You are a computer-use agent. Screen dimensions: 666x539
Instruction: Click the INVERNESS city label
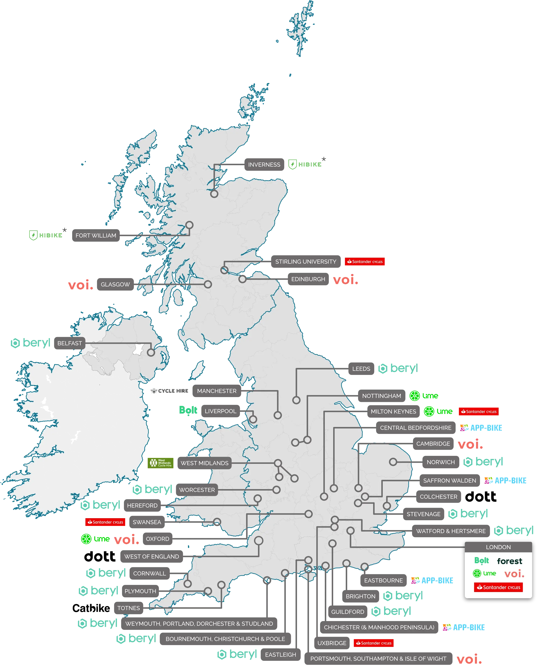[x=264, y=165]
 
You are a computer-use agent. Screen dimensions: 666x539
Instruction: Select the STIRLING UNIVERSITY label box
[x=306, y=262]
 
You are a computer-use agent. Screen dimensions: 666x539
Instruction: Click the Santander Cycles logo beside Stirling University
[x=365, y=262]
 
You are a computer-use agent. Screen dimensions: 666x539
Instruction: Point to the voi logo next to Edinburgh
[x=345, y=279]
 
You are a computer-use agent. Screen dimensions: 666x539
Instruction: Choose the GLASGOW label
[x=115, y=284]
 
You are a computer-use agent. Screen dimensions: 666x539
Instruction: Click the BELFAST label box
[x=70, y=343]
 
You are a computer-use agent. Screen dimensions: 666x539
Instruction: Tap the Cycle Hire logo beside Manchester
[x=170, y=391]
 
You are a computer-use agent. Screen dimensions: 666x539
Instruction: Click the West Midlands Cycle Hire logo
[x=160, y=463]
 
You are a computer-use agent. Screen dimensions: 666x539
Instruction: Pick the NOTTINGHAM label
[x=382, y=396]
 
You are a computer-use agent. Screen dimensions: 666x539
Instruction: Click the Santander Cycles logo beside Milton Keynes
[x=479, y=412]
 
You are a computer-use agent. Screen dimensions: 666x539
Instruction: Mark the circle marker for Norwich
[x=393, y=462]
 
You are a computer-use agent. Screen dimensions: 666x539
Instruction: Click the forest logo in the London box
[x=510, y=561]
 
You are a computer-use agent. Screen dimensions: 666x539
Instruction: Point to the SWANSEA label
[x=147, y=522]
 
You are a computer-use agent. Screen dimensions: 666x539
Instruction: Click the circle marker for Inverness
[x=214, y=194]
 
